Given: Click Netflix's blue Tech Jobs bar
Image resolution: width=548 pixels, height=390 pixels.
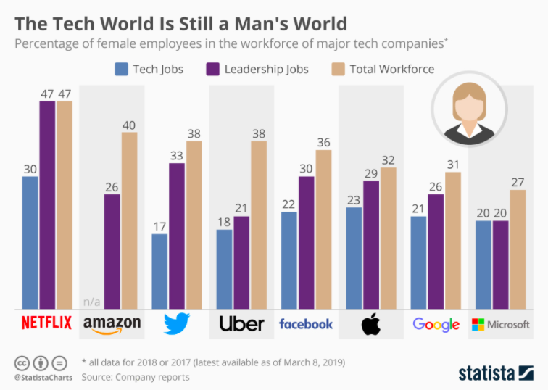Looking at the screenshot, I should pos(30,243).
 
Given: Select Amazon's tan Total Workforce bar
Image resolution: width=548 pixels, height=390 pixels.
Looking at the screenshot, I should pos(129,221).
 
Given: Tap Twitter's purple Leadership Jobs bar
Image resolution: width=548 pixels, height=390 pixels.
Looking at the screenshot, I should pos(177,236).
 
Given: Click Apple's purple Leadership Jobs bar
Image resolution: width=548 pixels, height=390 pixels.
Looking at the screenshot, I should pos(371,245).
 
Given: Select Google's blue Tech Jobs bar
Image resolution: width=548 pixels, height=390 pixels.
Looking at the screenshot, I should pos(418,262).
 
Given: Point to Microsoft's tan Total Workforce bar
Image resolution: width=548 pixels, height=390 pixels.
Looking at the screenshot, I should pos(518,249).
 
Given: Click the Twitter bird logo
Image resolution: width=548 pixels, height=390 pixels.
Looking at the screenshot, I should pos(177,323).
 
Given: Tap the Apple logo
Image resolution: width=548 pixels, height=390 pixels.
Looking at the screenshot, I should pos(371,324).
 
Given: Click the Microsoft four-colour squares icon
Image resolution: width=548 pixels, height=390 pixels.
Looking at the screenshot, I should pos(478,324).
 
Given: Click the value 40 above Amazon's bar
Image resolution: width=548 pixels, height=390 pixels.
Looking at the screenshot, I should pos(129,125).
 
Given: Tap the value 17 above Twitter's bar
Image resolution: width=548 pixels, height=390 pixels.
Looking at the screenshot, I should pos(159,226).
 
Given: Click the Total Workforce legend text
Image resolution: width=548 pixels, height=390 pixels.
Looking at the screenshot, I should pos(391,70).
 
